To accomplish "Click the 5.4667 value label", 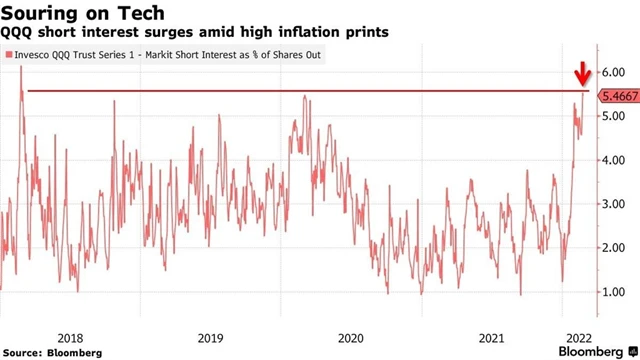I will (616, 95).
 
